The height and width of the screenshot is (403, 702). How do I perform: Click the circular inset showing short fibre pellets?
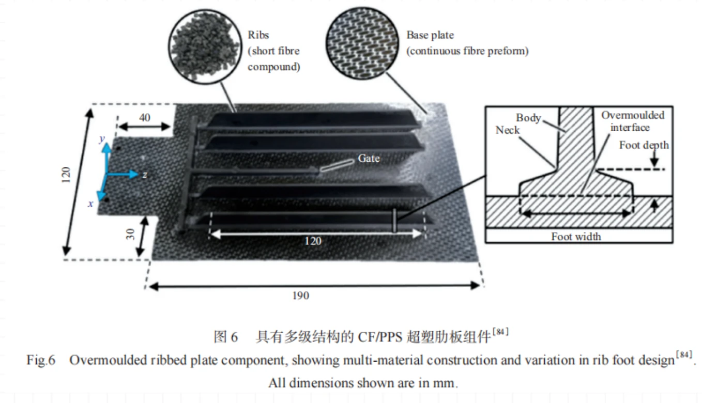tap(205, 47)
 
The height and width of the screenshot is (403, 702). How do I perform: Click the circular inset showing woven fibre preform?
tap(362, 43)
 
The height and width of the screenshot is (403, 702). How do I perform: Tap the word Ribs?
tap(258, 35)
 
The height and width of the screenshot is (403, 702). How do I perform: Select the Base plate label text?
tap(430, 35)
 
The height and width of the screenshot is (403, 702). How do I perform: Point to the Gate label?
tap(369, 158)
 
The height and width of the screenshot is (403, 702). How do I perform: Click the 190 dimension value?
tap(300, 296)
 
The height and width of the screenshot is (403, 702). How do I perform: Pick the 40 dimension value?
tap(144, 118)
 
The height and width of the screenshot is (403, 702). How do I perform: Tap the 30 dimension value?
tap(130, 234)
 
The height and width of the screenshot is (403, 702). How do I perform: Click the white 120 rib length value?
tap(313, 241)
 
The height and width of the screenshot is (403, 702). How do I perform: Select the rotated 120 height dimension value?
tap(66, 175)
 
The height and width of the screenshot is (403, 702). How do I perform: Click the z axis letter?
tap(145, 175)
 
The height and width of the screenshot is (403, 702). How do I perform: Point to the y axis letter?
tap(102, 138)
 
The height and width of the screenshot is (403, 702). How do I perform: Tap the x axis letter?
tap(90, 204)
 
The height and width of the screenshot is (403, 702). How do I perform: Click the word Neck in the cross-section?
tap(508, 130)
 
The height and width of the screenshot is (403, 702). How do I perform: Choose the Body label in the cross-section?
tap(528, 118)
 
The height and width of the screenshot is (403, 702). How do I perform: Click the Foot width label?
tap(576, 237)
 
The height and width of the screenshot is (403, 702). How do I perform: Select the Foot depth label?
tap(644, 145)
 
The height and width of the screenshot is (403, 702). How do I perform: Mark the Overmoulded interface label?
tap(632, 121)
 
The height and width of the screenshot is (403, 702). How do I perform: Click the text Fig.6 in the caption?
tap(41, 360)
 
